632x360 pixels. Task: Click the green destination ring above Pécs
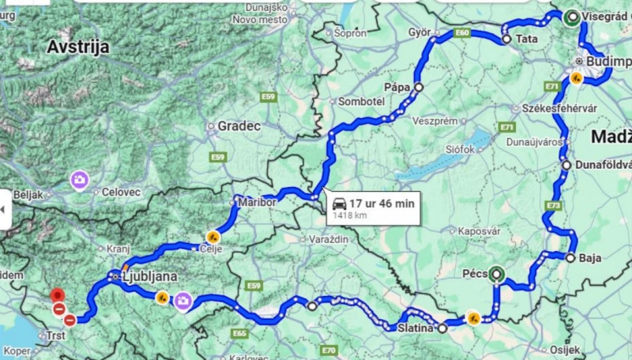[496, 275]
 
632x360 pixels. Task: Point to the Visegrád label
[607, 17]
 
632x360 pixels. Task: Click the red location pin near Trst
[57, 296]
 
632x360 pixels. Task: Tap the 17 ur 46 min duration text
[382, 203]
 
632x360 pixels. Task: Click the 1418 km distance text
[349, 215]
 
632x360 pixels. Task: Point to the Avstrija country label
[77, 47]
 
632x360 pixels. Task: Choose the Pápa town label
[399, 88]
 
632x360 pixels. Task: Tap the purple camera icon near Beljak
[79, 180]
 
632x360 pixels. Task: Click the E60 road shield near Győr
[462, 33]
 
